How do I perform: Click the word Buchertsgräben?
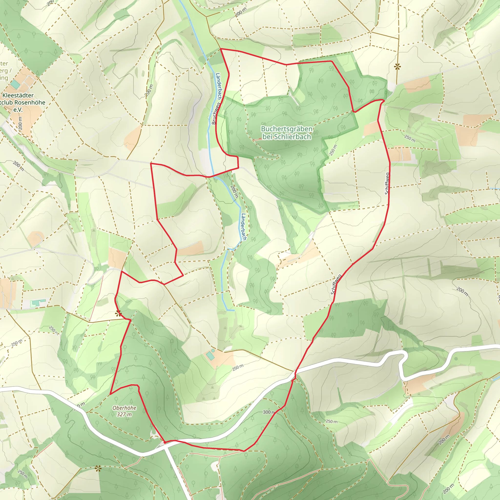tap(286, 129)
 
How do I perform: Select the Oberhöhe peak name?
tap(124, 408)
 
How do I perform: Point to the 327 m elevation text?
tap(124, 414)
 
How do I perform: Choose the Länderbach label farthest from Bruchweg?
tap(243, 227)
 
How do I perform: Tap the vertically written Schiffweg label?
tap(387, 183)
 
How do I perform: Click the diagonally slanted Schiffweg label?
tap(336, 284)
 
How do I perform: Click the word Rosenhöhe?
tap(30, 103)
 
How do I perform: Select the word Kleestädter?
tap(18, 95)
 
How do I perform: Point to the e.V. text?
tap(18, 110)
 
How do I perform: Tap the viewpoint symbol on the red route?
tap(118, 314)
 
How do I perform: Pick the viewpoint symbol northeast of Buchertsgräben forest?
tap(397, 67)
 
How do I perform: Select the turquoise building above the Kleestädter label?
tap(16, 84)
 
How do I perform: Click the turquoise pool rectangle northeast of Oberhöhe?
tap(210, 356)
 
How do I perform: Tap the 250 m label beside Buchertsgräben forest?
tap(333, 150)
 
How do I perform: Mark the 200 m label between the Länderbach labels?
tap(234, 192)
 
